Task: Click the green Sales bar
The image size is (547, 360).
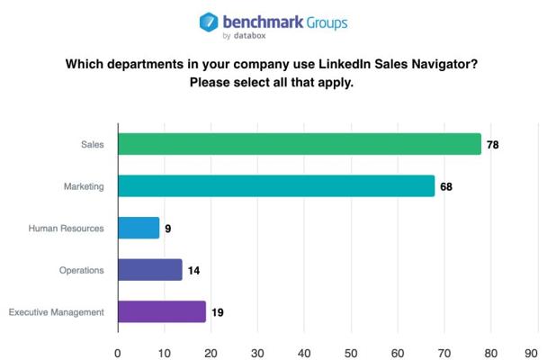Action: tap(300, 144)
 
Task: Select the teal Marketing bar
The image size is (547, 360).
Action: tap(276, 186)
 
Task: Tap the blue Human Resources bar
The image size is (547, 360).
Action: tap(139, 228)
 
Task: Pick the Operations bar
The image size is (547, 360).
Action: tap(150, 270)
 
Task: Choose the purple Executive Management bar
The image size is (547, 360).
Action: tap(162, 311)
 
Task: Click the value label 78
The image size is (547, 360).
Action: tap(493, 145)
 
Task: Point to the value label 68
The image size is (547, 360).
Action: tap(446, 186)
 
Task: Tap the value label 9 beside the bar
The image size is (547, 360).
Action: tap(168, 229)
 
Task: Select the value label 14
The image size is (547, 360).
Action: tap(193, 270)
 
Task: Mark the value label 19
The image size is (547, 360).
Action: tap(218, 312)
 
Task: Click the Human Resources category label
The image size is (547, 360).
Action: tap(67, 228)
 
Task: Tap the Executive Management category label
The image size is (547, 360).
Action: tap(57, 312)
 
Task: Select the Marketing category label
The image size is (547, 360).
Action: tap(84, 186)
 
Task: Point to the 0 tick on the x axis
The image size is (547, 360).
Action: tap(118, 353)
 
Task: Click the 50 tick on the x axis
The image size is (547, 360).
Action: tap(351, 353)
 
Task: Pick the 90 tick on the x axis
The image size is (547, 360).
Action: tap(532, 353)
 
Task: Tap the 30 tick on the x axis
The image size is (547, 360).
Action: tap(257, 353)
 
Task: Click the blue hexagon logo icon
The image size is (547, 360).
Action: tap(209, 22)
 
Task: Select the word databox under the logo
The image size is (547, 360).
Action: tap(250, 36)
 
